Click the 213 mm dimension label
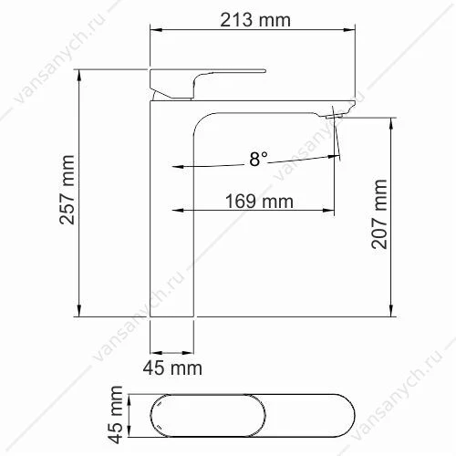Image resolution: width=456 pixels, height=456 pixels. coord(255,20)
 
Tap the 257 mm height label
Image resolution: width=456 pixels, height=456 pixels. coord(67,190)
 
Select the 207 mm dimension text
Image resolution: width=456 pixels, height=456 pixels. coord(379,214)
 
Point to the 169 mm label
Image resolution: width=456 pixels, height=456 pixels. coord(259,202)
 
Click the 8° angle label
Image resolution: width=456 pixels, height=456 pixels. coord(258,159)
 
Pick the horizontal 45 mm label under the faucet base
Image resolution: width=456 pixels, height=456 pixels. coord(172,368)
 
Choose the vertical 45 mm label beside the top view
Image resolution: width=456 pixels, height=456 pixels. coord(116,415)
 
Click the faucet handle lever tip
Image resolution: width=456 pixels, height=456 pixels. coord(264,71)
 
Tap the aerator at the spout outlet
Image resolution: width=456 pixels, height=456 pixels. coord(334,116)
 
